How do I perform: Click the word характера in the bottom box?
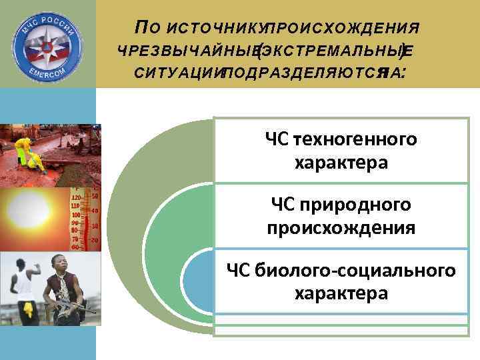coord(341,293)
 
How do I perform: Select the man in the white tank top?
coord(23,287)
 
